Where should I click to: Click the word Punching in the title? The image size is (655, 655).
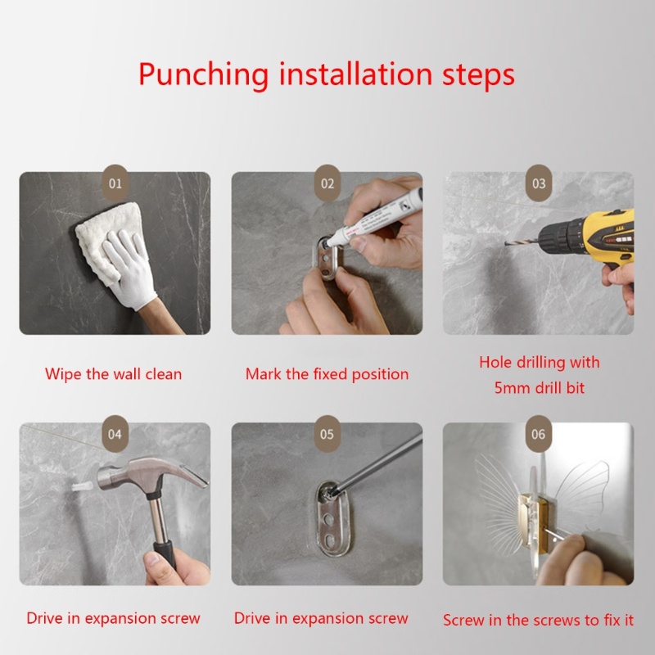[203, 75]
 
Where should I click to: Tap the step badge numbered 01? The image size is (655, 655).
[115, 183]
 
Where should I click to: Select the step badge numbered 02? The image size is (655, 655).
[327, 183]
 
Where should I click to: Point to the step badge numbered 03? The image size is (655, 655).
[539, 183]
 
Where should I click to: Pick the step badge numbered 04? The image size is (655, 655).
[115, 434]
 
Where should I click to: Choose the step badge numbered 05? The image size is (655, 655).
[327, 434]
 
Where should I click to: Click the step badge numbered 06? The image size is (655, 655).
[539, 434]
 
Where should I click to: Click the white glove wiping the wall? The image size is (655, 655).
[129, 268]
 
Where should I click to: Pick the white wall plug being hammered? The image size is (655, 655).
[83, 486]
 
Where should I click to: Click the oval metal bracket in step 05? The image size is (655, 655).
[332, 518]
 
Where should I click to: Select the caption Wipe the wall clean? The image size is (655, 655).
[114, 374]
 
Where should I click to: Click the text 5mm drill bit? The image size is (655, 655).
[540, 388]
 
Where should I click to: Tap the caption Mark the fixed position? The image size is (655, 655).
[327, 374]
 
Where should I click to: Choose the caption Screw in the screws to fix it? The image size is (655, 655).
[539, 620]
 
